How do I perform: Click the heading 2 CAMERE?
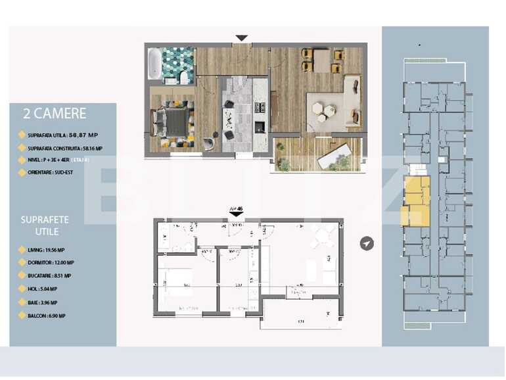click(x=55, y=113)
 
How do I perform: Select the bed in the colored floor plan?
click(x=170, y=122)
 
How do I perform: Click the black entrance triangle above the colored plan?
click(x=241, y=38)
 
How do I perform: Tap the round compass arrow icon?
click(x=367, y=244)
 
